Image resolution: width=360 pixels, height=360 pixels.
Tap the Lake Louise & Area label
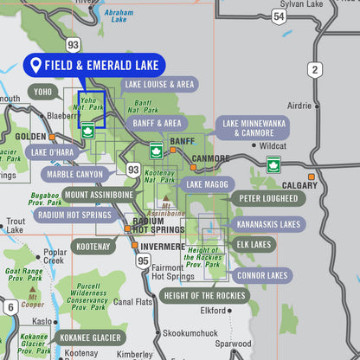coord(158,84)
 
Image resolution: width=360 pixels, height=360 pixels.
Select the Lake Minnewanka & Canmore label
coord(252,128)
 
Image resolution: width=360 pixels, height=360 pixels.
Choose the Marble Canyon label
coord(75,174)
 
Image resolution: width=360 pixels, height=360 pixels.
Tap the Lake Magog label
coord(206,184)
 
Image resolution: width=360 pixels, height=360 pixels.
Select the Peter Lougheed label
coord(268,198)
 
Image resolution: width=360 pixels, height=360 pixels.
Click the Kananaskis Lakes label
coord(267,223)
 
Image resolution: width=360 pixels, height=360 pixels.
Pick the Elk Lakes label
coord(255,245)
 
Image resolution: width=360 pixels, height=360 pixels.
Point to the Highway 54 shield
coord(278,16)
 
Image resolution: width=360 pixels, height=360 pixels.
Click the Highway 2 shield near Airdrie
coord(314,69)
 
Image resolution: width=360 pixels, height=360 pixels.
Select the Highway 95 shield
coord(143,259)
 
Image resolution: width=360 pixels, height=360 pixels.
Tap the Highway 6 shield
coord(10,307)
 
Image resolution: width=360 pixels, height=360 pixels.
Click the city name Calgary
coord(299,185)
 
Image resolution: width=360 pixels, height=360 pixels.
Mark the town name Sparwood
coord(234,344)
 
